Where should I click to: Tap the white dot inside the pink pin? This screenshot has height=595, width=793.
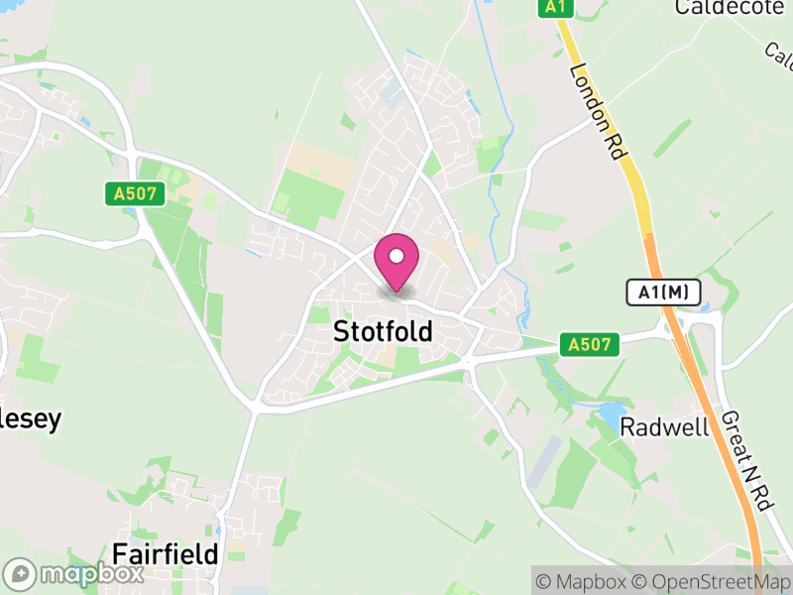pos(396,257)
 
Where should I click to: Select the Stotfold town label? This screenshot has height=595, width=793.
pos(383,331)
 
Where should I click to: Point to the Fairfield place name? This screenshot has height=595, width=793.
pos(165,553)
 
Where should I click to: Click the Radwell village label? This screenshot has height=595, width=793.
pos(664,427)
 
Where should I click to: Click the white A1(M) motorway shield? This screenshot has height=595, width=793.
pos(663,293)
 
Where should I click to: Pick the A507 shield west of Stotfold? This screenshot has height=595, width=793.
pos(135,193)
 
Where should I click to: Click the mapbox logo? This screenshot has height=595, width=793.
pos(75,574)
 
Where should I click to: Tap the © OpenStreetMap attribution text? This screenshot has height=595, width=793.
pos(713,581)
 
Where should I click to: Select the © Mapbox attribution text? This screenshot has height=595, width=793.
pos(581,581)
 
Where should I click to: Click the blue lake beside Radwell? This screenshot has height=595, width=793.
pos(612,412)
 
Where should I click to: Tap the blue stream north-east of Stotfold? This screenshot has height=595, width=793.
pos(510,149)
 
